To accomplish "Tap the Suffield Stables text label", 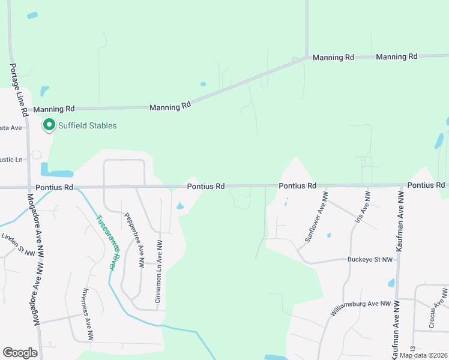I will click(87, 125).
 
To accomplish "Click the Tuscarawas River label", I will click(106, 242).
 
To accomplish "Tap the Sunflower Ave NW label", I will click(316, 217).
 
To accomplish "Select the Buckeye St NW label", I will click(370, 260).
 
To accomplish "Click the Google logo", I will click(20, 353).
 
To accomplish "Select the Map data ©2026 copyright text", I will click(423, 355).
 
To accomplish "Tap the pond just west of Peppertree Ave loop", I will click(56, 172).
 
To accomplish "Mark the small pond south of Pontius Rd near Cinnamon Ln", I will click(181, 207).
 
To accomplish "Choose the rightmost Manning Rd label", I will click(396, 56).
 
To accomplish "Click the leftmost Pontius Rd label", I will click(53, 187).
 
